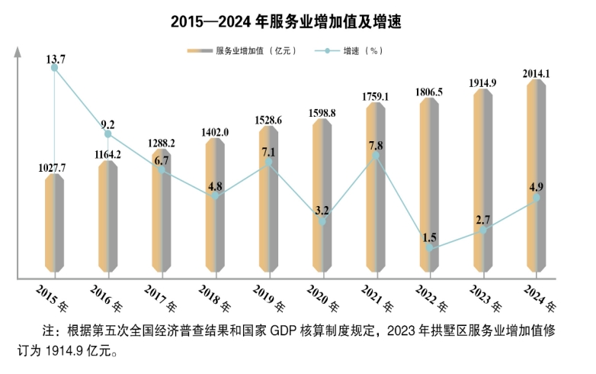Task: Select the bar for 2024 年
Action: pos(537,176)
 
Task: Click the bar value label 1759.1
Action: pos(377,97)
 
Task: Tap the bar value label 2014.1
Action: pos(537,73)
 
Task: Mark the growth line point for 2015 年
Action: pos(54,68)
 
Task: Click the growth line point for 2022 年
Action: pos(430,248)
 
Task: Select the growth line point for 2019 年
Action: pos(269,162)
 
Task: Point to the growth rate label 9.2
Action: pos(107,124)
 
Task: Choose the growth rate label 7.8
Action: pos(377,145)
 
